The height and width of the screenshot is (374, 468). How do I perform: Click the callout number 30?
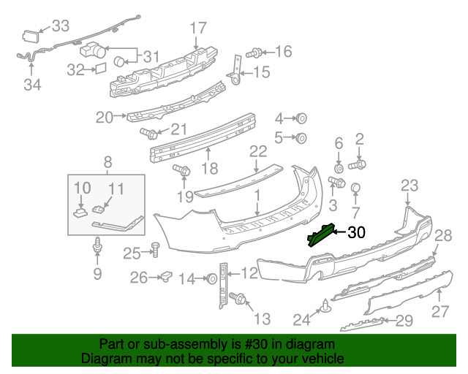[356, 233]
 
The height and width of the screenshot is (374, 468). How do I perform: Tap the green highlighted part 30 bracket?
[322, 235]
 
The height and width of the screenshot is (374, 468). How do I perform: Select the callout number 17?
[199, 28]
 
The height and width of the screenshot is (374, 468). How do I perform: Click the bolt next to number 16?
[255, 53]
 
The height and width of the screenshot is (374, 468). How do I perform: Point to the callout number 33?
[60, 27]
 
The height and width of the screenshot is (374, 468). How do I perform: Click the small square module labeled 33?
[31, 34]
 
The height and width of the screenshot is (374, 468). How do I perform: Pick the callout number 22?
[258, 151]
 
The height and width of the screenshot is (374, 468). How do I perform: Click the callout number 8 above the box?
[107, 162]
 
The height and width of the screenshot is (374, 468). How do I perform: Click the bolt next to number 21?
[149, 134]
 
